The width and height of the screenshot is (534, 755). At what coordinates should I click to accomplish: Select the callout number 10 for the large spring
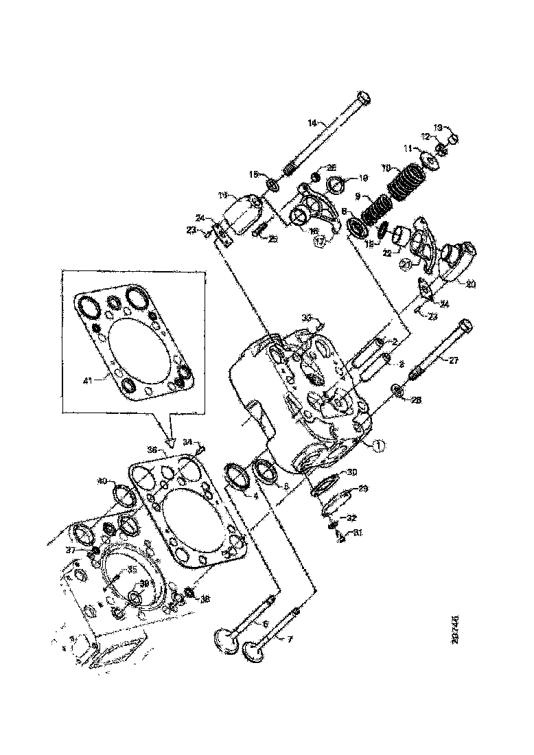[386, 167]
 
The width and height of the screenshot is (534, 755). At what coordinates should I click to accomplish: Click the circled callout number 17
[319, 241]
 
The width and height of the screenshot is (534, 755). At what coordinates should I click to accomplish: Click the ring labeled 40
[123, 493]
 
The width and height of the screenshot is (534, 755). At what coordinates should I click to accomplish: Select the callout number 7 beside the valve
[289, 639]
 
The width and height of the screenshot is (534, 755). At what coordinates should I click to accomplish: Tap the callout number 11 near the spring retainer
[407, 148]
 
